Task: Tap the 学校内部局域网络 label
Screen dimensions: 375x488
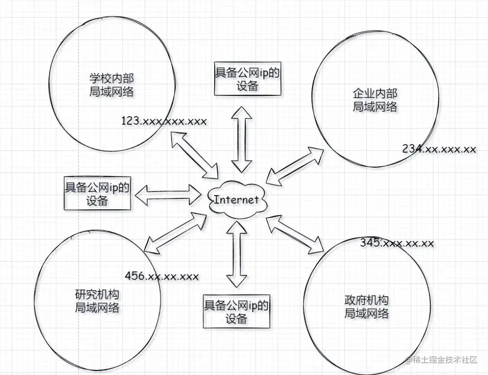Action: click(112, 84)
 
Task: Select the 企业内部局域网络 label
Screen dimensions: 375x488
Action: click(375, 100)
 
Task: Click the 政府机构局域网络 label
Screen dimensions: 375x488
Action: click(366, 307)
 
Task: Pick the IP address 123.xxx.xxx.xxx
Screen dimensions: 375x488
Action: click(164, 121)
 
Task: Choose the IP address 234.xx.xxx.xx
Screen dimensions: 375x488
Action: click(439, 149)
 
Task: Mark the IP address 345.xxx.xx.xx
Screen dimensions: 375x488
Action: click(397, 243)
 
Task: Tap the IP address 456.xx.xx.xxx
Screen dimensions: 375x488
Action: click(161, 276)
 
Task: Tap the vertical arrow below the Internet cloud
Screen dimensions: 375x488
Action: click(236, 254)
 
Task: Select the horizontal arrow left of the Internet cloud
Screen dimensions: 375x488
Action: click(168, 195)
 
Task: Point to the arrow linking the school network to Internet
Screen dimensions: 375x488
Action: click(194, 154)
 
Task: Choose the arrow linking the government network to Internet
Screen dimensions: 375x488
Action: click(296, 235)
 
